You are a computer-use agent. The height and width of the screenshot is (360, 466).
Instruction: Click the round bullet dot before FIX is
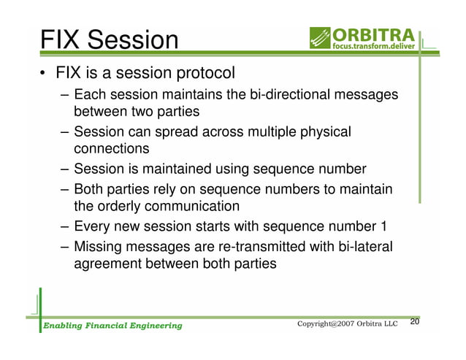(x=45, y=74)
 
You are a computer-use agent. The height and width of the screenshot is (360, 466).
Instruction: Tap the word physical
(x=324, y=132)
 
